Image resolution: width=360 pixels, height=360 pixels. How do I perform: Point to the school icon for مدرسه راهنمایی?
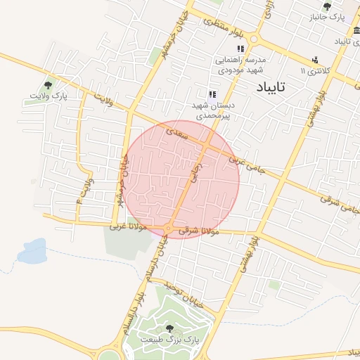coord(240,49)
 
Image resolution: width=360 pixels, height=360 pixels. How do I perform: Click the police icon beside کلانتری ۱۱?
coord(314,60)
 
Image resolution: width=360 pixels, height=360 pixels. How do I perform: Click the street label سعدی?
coord(177,131)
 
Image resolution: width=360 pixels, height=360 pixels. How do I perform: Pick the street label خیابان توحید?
coord(184,295)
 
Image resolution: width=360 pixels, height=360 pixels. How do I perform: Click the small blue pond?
coord(32,252)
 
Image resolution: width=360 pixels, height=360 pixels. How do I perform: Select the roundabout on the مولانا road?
coord(168,229)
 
